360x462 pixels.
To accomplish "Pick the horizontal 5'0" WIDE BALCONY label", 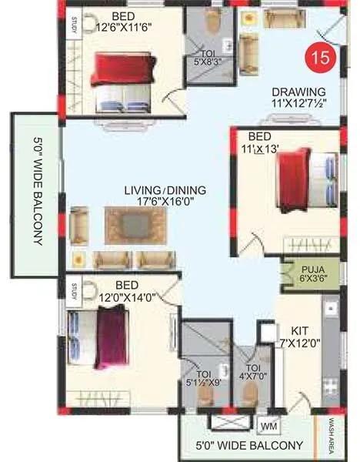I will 251,445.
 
